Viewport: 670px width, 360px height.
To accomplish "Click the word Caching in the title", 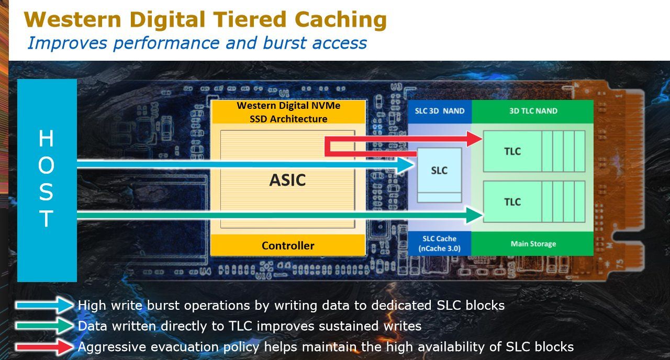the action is pos(341,20).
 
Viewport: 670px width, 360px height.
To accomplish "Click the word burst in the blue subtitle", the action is pos(284,42).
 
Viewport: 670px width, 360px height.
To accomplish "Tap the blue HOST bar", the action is pos(47,181).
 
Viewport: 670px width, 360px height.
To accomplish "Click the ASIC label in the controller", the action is pos(287,180).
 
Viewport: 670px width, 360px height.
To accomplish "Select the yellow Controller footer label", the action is pos(288,245).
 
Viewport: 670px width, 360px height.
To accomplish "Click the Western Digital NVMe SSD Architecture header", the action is pos(288,112).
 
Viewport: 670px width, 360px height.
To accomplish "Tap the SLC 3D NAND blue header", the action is pos(440,111).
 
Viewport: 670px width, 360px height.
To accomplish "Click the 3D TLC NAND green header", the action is pos(533,111).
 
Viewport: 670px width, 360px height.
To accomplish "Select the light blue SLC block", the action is pos(439,175).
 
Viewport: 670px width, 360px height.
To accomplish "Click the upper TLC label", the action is pos(512,151).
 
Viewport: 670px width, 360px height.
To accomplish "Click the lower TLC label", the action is pos(512,202).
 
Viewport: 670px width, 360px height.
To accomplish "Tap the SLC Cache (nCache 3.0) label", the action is pos(439,243).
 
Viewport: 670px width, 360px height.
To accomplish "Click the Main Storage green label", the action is pos(533,244).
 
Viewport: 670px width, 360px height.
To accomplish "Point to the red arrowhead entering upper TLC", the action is pos(474,139).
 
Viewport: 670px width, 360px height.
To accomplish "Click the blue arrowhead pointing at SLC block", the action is pos(406,164).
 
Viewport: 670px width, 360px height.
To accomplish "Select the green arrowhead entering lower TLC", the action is pos(475,215).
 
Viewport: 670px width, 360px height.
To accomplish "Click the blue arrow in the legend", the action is pos(44,305).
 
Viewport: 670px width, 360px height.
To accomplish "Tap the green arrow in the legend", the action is pos(44,326).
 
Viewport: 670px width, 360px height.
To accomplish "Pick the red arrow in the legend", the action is pos(44,347).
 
